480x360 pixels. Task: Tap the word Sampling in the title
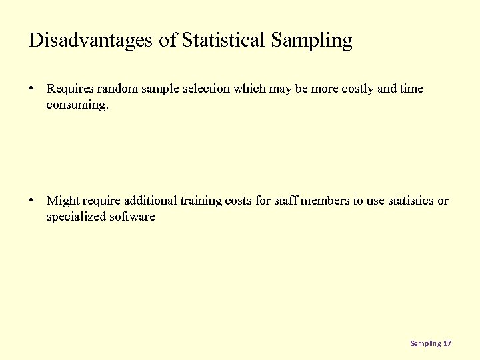(x=311, y=40)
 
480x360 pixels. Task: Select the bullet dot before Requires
(x=32, y=89)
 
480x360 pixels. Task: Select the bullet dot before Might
(x=32, y=201)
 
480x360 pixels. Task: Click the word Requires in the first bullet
(x=70, y=89)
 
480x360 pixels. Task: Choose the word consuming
(x=77, y=105)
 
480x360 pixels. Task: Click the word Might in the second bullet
(x=63, y=201)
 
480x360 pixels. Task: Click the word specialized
(x=77, y=217)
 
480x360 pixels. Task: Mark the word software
(x=133, y=217)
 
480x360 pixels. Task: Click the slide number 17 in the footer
(x=447, y=343)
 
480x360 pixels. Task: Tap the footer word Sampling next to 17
(x=425, y=343)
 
